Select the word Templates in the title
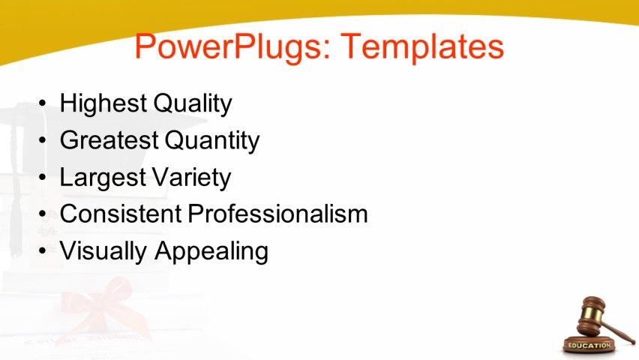tap(422, 46)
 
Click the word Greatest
tap(109, 140)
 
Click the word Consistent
tap(120, 214)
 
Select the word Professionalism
tap(277, 214)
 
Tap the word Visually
tap(103, 251)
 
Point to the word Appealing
tap(211, 251)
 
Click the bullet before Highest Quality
tap(43, 103)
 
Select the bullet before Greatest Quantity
tap(43, 140)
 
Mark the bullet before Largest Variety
tap(43, 178)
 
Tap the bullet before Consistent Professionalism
tap(43, 214)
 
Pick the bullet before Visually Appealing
tap(43, 251)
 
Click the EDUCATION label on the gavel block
tap(589, 345)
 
